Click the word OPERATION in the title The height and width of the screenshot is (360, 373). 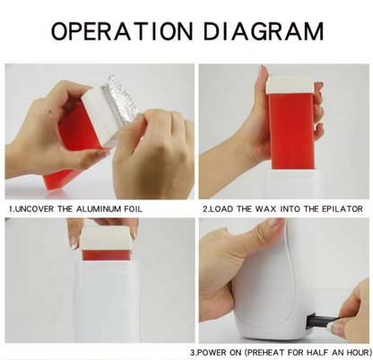click(122, 31)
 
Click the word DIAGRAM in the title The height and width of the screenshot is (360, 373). click(264, 31)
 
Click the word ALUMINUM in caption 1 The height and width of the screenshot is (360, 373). click(99, 208)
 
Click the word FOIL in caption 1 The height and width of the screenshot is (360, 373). click(133, 208)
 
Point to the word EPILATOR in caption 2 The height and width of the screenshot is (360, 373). click(343, 208)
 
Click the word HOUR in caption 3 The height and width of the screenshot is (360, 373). click(356, 352)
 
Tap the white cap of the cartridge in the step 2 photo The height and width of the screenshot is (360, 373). click(290, 83)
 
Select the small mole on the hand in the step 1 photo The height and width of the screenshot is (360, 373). click(49, 112)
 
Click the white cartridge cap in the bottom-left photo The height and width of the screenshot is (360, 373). click(105, 238)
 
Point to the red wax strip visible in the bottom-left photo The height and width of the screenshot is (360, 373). click(107, 255)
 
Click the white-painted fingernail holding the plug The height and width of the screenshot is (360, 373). click(334, 326)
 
